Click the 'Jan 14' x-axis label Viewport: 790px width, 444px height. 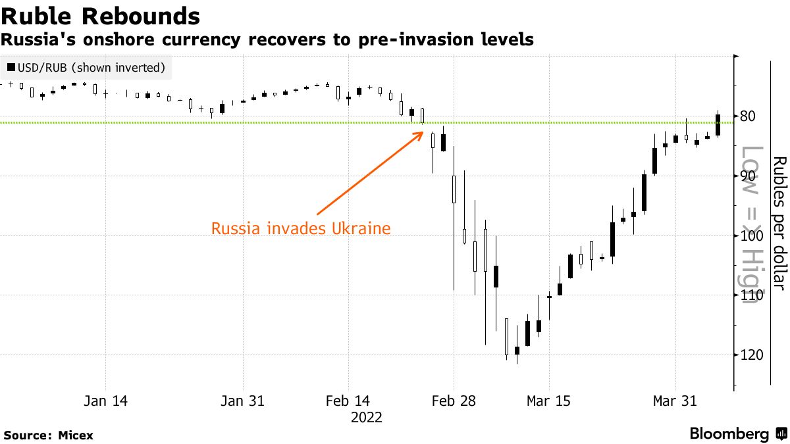(105, 401)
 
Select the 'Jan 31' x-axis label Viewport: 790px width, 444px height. (243, 401)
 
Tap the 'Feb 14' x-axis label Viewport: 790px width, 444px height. (348, 401)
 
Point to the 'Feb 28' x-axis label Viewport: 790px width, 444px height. (453, 401)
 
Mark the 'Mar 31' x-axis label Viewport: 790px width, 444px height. (675, 401)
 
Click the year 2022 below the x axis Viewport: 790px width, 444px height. (366, 417)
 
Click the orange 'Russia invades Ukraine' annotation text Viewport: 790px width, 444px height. (301, 229)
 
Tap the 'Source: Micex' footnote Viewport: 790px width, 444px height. (49, 435)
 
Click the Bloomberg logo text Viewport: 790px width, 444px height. (729, 434)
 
